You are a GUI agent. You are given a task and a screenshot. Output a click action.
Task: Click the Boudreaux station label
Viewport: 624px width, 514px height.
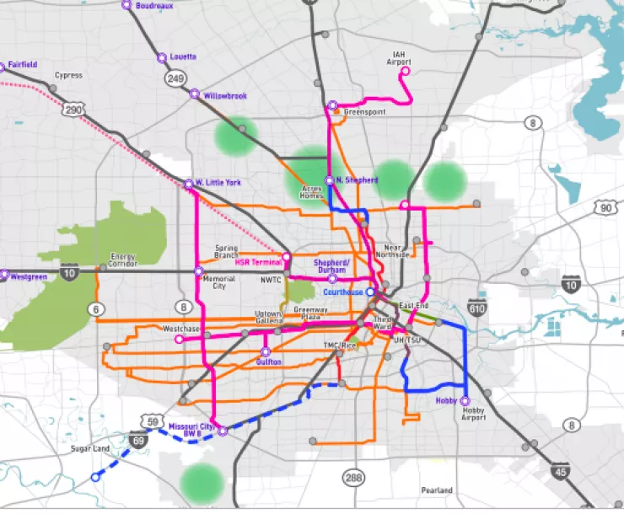coord(153,5)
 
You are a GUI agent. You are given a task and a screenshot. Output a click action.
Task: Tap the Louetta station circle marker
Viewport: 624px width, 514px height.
coord(161,58)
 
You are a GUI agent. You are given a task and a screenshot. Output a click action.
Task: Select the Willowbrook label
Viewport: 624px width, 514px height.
coord(225,96)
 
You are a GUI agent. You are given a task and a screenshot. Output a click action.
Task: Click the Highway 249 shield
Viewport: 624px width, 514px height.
coord(176,78)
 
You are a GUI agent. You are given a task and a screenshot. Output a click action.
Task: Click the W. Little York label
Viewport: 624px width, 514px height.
coord(218,182)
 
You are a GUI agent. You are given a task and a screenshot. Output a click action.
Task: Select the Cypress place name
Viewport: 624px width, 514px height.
coord(68,76)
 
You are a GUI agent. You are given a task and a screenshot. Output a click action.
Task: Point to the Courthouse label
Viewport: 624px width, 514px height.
coord(342,292)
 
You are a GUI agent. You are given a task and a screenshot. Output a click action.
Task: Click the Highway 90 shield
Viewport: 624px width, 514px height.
coord(605,207)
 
